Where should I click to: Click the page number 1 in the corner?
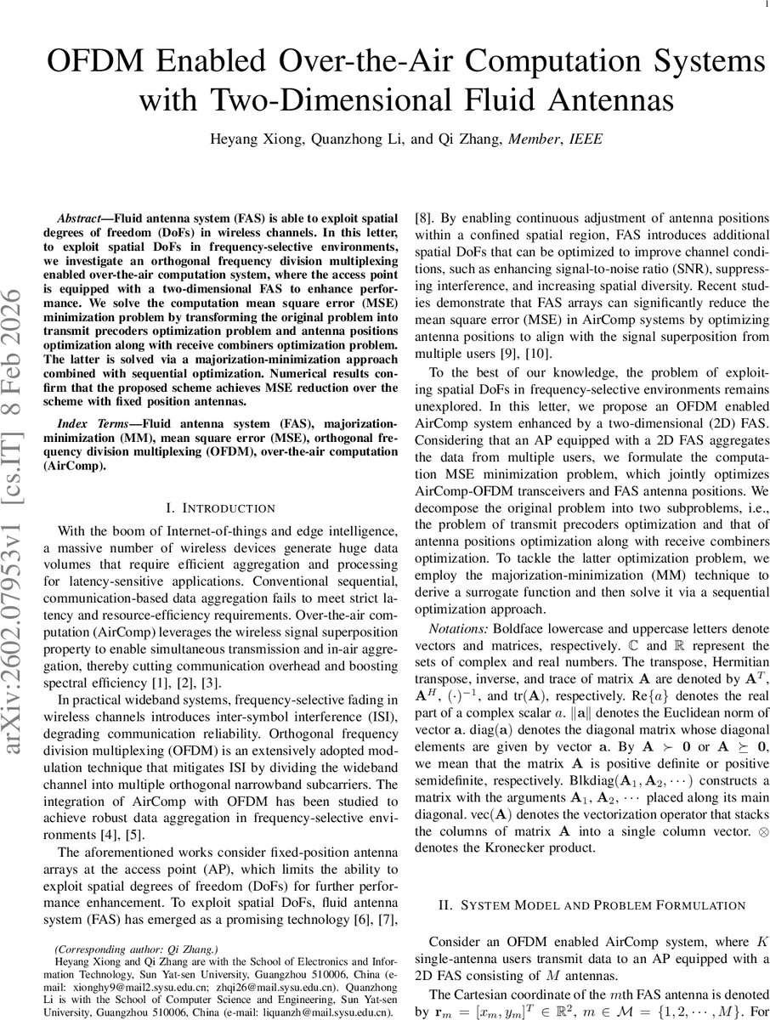[765, 8]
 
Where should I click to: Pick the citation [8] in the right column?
[422, 218]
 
